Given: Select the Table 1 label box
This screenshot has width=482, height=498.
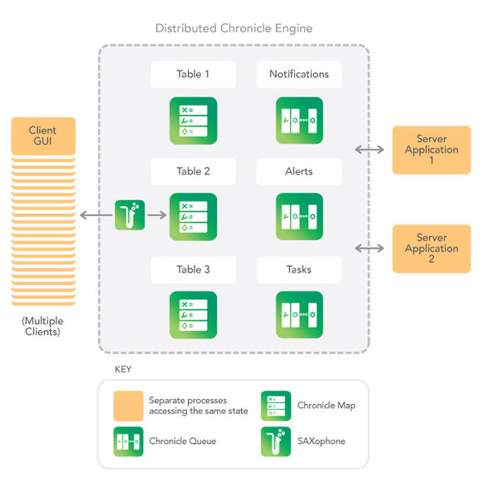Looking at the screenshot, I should [x=193, y=74].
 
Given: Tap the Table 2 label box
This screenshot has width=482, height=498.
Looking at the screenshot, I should [x=193, y=171].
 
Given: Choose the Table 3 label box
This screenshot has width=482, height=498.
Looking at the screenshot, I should [x=193, y=269].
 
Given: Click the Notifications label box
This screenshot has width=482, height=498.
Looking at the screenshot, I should [x=298, y=74].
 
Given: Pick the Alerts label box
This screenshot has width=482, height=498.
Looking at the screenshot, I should [x=298, y=171].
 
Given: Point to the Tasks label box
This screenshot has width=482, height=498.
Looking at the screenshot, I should [x=298, y=269].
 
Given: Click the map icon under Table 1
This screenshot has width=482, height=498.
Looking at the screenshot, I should [x=193, y=121].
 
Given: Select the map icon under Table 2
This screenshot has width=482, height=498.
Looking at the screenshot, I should [x=193, y=217].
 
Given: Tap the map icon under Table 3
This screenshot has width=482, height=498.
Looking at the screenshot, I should [x=193, y=314].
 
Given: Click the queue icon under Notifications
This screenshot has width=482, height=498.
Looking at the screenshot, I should [x=299, y=121].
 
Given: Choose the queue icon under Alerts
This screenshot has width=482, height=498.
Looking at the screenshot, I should [x=299, y=217].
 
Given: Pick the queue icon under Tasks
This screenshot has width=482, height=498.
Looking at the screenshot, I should [x=299, y=314].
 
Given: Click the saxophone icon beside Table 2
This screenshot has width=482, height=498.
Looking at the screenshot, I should [x=130, y=215].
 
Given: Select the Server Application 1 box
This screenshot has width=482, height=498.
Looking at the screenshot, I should [x=431, y=150].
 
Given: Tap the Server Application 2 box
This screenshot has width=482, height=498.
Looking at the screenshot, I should [x=431, y=249].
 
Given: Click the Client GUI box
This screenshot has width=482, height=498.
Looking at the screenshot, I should [x=43, y=136].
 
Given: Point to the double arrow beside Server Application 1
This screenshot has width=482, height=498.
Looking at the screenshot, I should [x=369, y=150].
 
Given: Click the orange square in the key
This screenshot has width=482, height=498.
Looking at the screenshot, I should [x=128, y=406].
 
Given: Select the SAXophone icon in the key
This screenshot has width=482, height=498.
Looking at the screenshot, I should [x=275, y=441].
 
